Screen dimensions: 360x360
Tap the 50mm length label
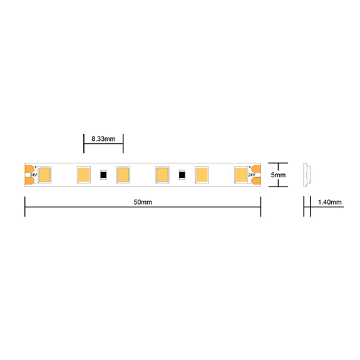tap(143, 202)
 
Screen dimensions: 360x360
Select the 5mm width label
tap(278, 175)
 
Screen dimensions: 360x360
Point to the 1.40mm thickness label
tap(329, 202)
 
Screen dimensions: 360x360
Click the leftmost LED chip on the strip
tap(45, 174)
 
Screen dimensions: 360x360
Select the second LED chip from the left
tap(83, 174)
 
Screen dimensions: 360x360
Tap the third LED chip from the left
tap(123, 174)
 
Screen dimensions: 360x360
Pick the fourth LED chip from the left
tap(162, 174)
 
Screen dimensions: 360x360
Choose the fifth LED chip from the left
tap(202, 174)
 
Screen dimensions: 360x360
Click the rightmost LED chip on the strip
tap(240, 174)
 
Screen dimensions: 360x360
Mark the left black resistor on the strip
tap(103, 175)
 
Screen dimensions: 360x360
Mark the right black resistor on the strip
tap(182, 175)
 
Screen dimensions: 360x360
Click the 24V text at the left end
tap(33, 175)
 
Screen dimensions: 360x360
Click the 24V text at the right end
tap(252, 175)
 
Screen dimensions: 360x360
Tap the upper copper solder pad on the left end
tap(29, 167)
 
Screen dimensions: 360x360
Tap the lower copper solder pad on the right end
tap(256, 182)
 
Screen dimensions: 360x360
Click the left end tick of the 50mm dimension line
tap(25, 207)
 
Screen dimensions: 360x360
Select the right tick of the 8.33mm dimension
tap(123, 143)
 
